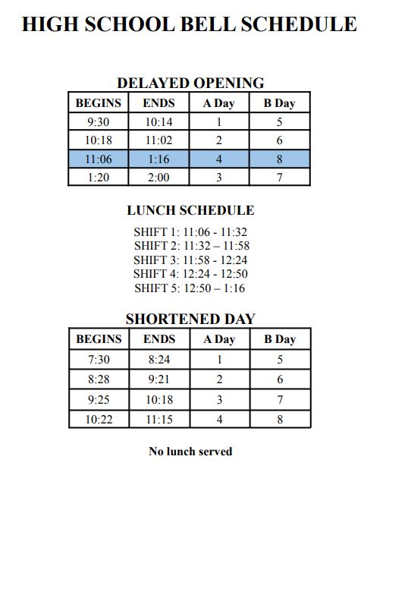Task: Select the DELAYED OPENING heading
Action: point(190,83)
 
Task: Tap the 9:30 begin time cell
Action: point(99,121)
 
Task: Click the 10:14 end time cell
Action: point(158,121)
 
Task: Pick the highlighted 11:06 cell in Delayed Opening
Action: point(99,159)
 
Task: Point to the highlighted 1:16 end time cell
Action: point(158,159)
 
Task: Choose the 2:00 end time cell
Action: point(158,177)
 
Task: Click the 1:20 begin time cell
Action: point(99,177)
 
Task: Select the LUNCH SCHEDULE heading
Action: point(190,210)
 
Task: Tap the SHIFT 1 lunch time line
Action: point(190,232)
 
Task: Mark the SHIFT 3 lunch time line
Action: point(190,260)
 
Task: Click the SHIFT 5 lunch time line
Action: point(190,288)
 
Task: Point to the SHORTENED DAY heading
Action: point(190,319)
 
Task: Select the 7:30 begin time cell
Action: point(99,359)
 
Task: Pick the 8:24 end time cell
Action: point(158,359)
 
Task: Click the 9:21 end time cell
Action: point(158,379)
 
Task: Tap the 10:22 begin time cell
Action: point(99,419)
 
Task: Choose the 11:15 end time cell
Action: point(158,419)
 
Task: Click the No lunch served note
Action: point(190,452)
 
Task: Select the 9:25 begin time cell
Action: point(99,399)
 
